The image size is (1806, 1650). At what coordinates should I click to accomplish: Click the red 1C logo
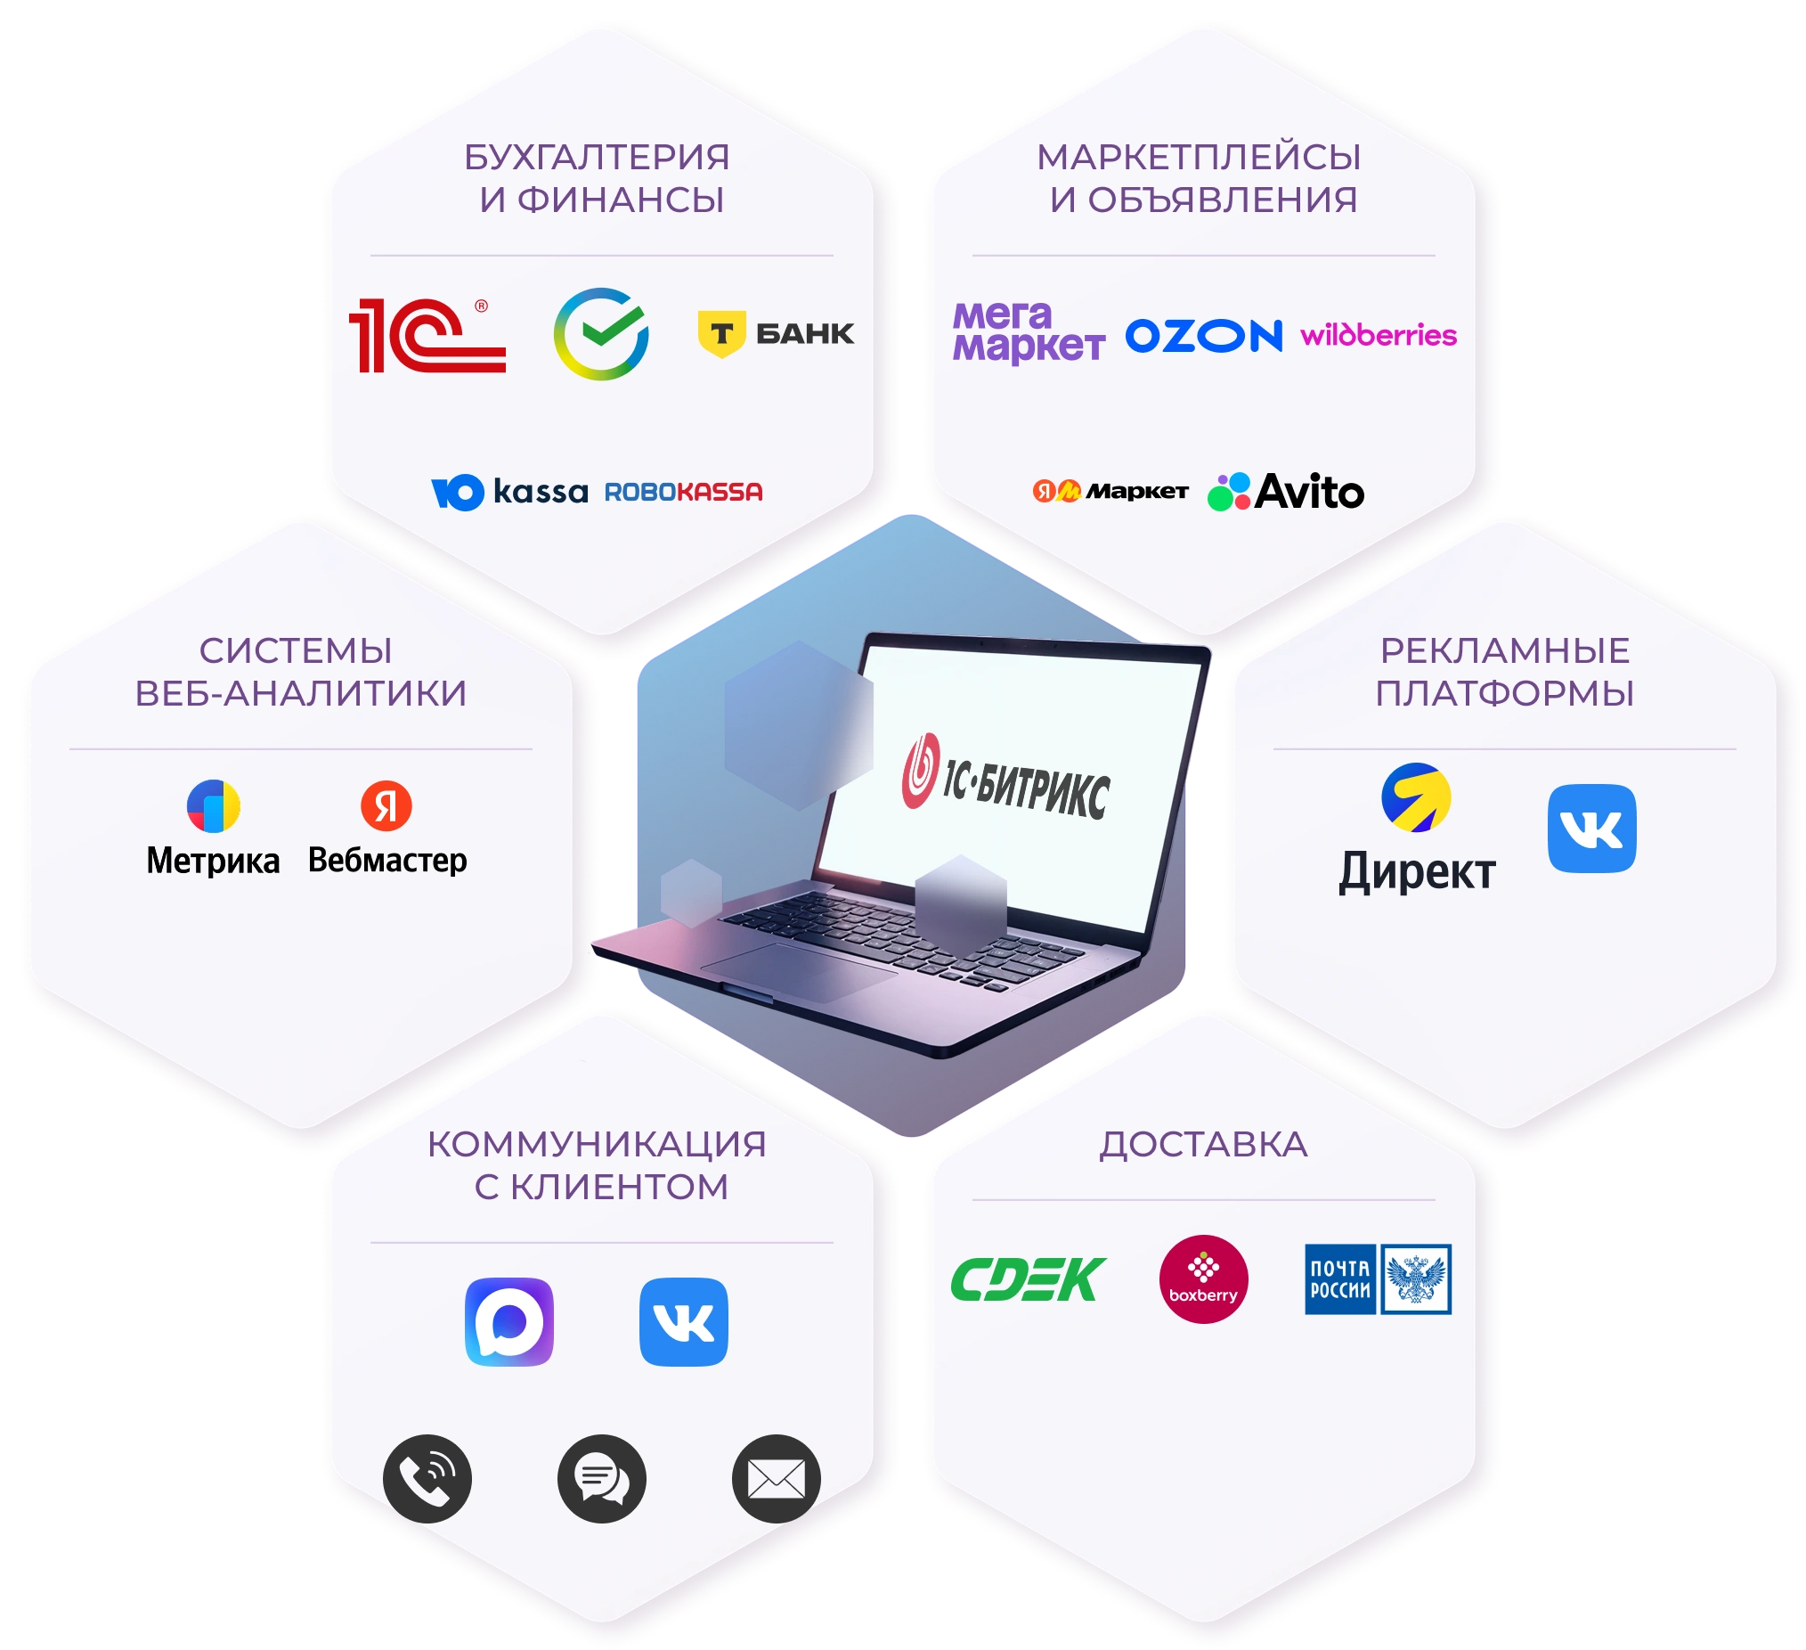point(427,335)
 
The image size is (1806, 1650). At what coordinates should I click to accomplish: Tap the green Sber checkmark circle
point(601,333)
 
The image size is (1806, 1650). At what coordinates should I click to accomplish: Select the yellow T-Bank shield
point(721,333)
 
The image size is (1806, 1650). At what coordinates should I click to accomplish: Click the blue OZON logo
point(1203,336)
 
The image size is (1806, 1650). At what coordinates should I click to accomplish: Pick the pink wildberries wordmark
point(1378,334)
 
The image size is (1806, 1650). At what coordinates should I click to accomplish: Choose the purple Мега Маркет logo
point(1029,332)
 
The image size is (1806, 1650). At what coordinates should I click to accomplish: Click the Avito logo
point(1286,491)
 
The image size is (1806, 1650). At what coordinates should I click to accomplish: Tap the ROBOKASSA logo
point(684,492)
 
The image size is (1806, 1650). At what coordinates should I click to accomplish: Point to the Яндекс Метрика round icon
point(213,805)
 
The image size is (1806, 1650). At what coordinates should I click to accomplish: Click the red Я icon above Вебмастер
point(386,805)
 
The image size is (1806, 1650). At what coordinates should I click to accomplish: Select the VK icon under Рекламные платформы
point(1592,829)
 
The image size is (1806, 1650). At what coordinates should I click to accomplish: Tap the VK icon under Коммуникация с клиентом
point(684,1322)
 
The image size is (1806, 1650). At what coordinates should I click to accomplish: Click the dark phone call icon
point(427,1479)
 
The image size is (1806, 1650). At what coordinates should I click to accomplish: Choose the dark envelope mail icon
point(776,1479)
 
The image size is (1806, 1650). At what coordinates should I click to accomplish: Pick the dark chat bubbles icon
point(601,1479)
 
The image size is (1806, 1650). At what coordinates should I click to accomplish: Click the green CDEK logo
point(1029,1279)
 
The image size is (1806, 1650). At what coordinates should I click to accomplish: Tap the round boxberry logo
point(1203,1279)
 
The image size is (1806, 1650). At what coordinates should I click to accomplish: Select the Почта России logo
point(1378,1279)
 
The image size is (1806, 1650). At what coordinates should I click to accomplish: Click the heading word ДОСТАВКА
point(1203,1145)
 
